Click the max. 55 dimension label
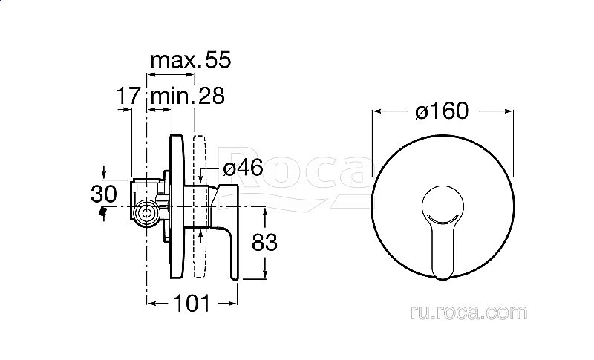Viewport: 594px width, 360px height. pos(191,60)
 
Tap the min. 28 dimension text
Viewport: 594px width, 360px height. pos(188,96)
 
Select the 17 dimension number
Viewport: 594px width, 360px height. pos(128,96)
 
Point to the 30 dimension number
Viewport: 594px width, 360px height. pos(103,194)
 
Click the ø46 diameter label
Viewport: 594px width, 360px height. pos(243,168)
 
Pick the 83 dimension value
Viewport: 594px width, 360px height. pos(264,242)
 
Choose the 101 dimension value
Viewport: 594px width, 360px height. pos(192,304)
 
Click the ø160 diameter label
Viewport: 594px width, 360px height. pos(442,111)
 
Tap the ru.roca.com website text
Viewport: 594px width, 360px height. pos(469,312)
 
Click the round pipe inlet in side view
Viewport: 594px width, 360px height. pos(146,213)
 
